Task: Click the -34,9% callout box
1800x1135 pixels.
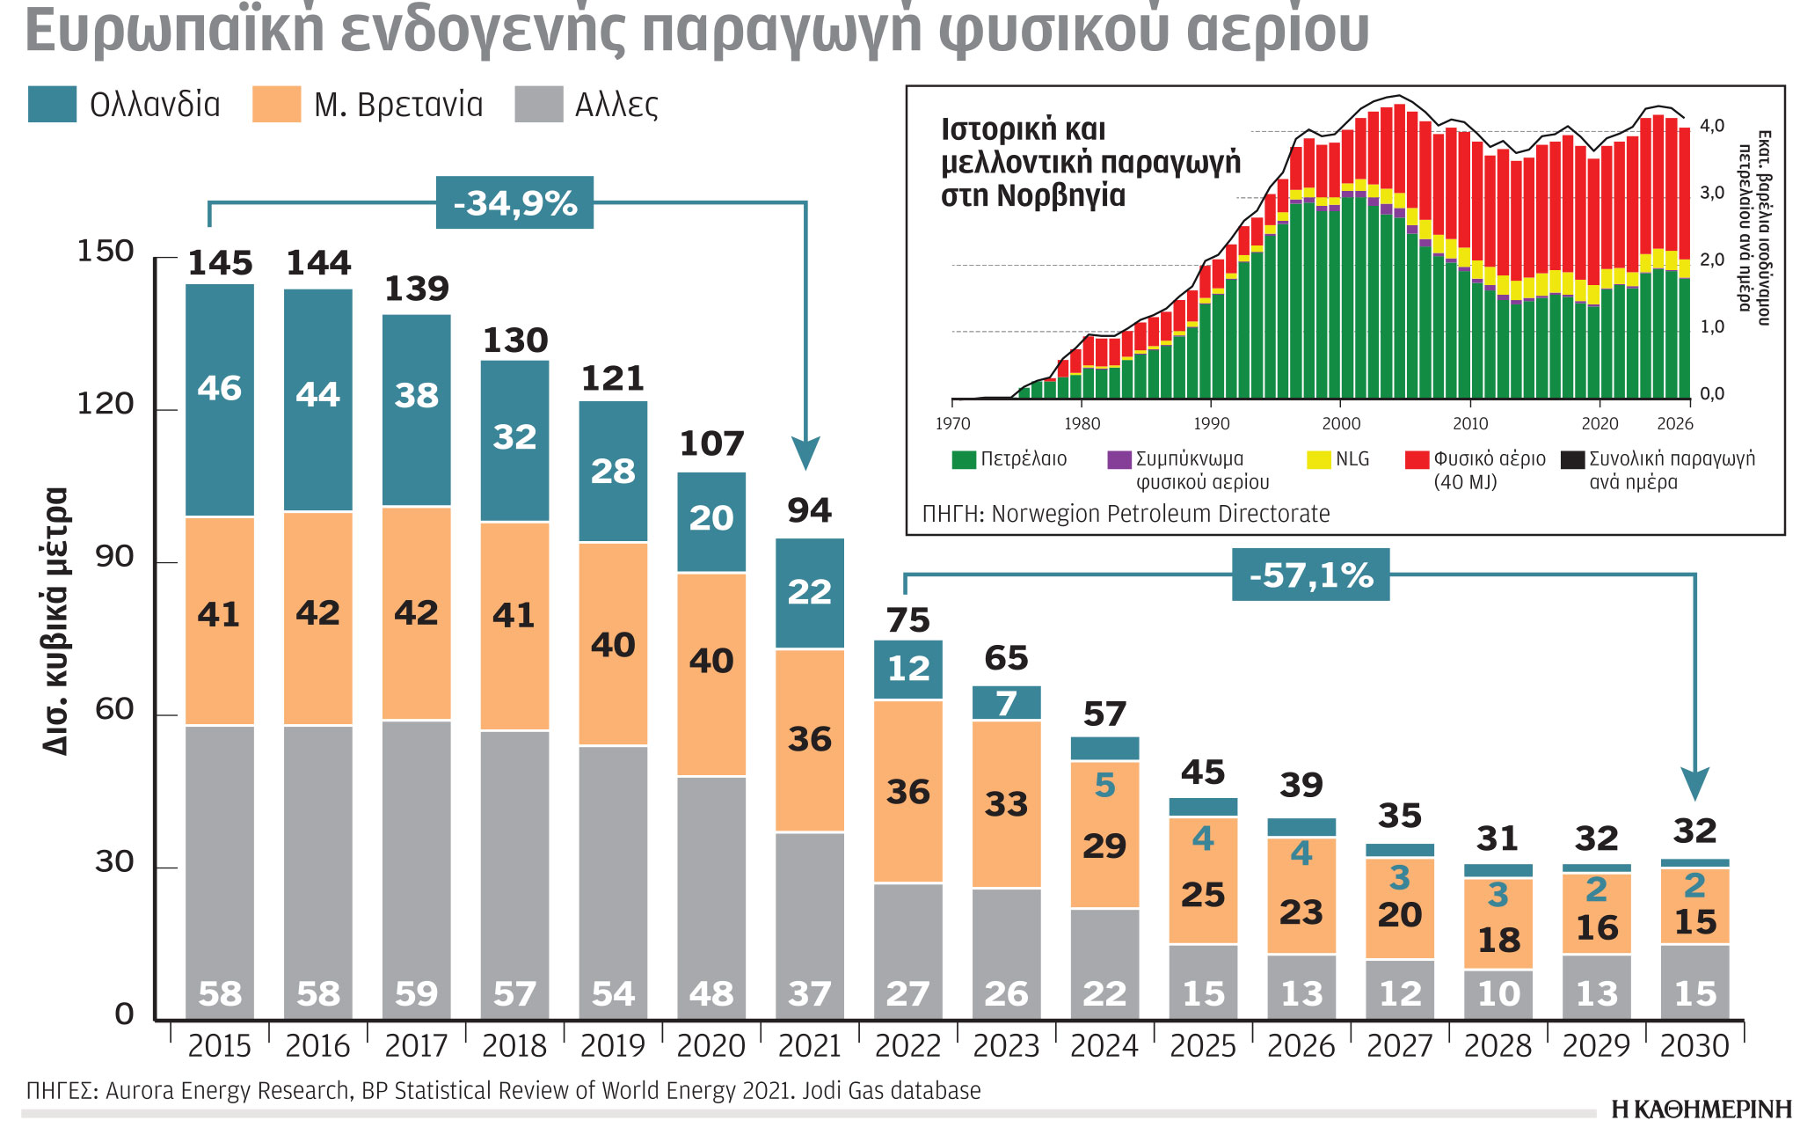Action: pos(514,203)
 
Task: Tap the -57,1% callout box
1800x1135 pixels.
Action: pos(1310,575)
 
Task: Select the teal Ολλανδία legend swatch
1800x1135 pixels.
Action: pos(52,105)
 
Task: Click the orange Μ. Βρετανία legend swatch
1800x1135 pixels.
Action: pos(276,105)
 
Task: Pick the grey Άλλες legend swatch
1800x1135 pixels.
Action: pos(538,105)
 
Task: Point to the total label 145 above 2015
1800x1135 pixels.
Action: pos(220,263)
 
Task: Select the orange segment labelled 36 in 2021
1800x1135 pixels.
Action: pos(810,740)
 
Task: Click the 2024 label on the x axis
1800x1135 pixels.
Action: pos(1104,1046)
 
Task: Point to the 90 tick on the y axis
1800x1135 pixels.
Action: pos(114,557)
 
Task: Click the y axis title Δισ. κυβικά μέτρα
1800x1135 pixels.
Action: pos(55,620)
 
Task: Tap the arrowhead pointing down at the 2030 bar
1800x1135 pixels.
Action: pos(1694,783)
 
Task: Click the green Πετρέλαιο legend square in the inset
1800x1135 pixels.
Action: pos(964,459)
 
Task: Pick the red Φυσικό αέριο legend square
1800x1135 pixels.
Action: pos(1417,459)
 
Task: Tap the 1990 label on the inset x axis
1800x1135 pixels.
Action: pos(1212,424)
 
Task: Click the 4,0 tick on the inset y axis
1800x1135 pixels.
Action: pos(1711,126)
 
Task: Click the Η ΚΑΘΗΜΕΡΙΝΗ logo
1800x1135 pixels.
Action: pos(1701,1109)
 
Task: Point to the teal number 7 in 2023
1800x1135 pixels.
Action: pos(1007,704)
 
